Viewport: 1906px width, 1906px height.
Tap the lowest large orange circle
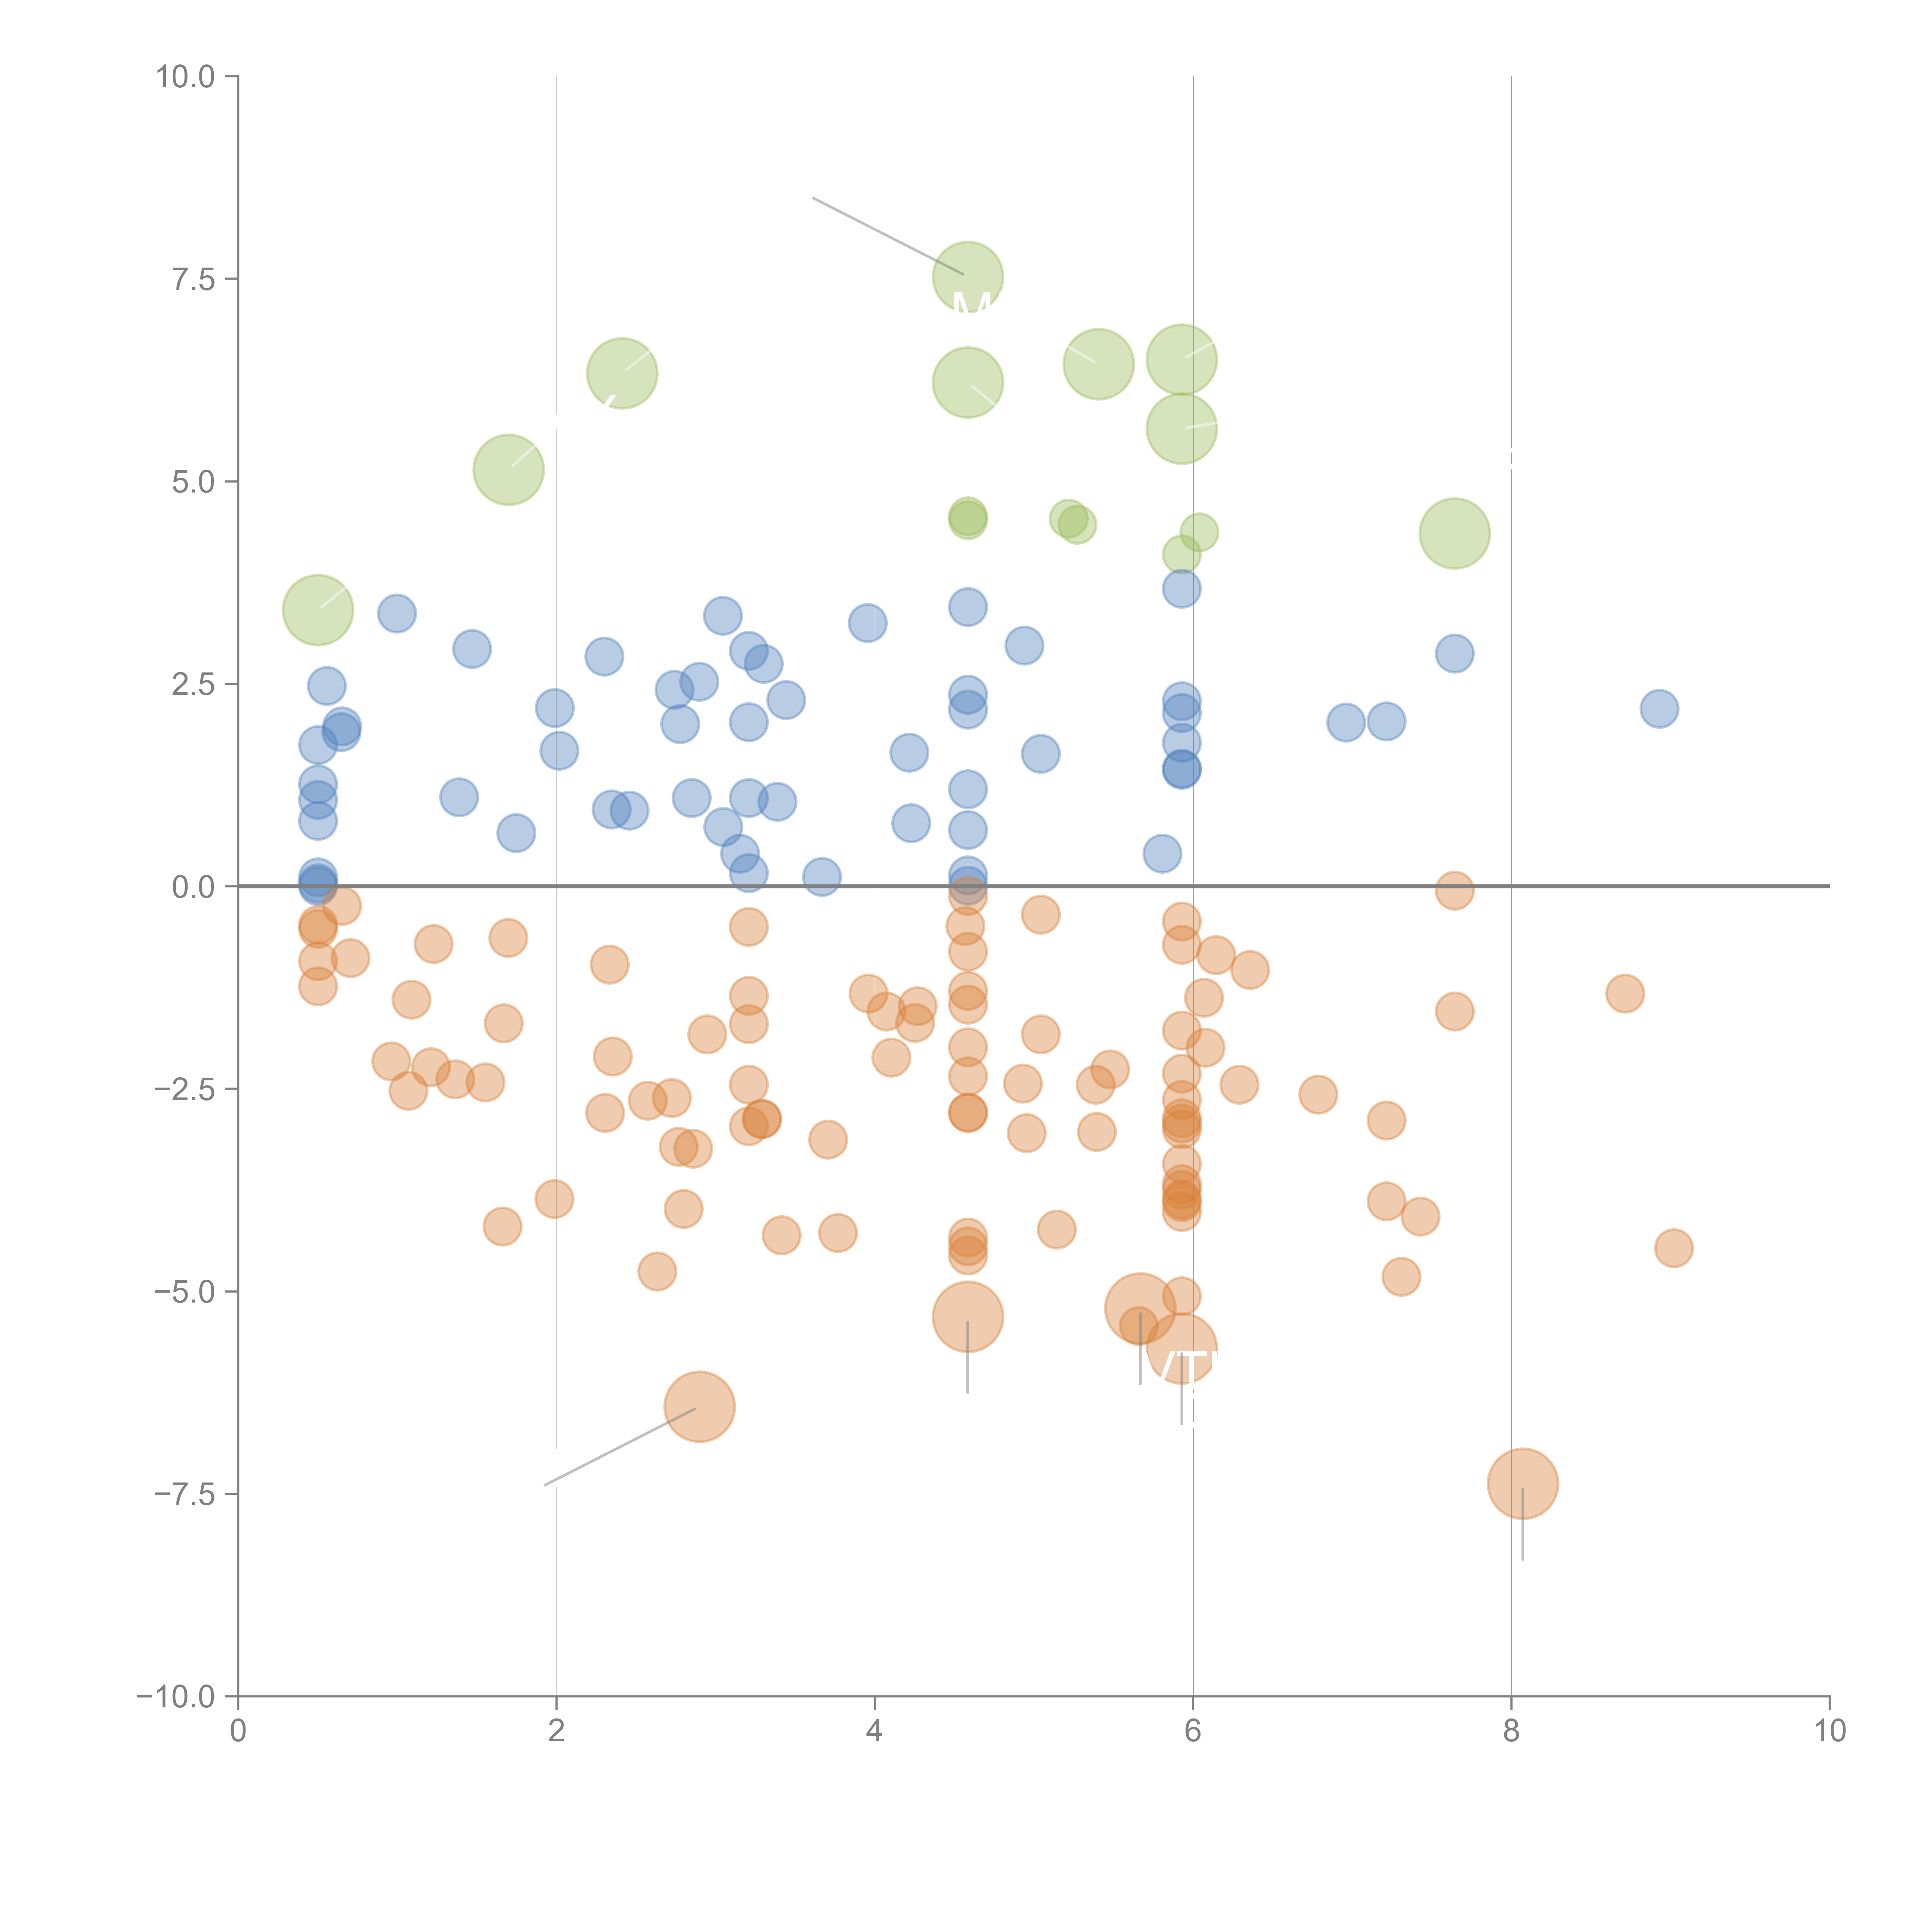tap(1522, 1484)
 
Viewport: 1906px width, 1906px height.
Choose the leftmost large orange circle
tap(700, 1407)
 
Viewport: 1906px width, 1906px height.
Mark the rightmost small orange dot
tap(1673, 1248)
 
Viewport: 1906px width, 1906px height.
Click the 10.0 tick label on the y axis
tap(186, 77)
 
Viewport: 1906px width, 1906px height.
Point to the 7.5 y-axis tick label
tap(193, 279)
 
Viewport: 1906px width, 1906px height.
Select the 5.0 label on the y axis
tap(193, 481)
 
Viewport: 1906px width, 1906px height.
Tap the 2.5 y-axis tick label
tap(193, 683)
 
